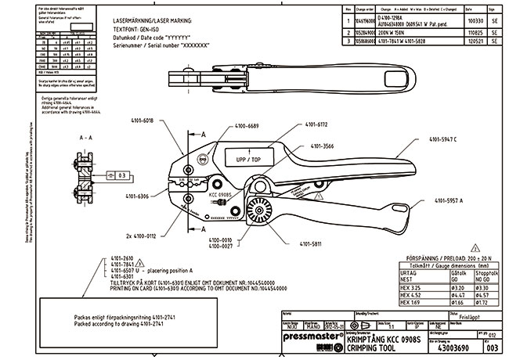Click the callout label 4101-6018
[x=159, y=121]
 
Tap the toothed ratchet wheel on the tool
[x=258, y=211]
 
